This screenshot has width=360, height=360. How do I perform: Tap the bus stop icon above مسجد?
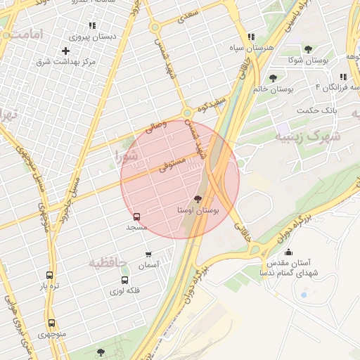pos(136,217)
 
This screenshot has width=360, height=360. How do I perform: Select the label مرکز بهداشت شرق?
pos(65,62)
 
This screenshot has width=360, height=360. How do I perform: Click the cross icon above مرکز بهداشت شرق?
pos(65,51)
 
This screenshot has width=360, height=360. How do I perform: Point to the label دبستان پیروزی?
pos(94,36)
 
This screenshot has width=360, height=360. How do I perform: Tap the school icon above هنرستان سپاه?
pos(251,37)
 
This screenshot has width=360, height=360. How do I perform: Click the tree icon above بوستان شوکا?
pos(308,49)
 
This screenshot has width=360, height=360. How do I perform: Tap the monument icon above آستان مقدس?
pos(288,252)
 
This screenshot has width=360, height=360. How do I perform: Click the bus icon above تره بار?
pos(49,276)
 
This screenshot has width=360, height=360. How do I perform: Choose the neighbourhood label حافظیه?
pos(108,262)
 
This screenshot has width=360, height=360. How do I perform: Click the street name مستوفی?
pos(172,165)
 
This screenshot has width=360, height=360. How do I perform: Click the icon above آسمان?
pos(148,254)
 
